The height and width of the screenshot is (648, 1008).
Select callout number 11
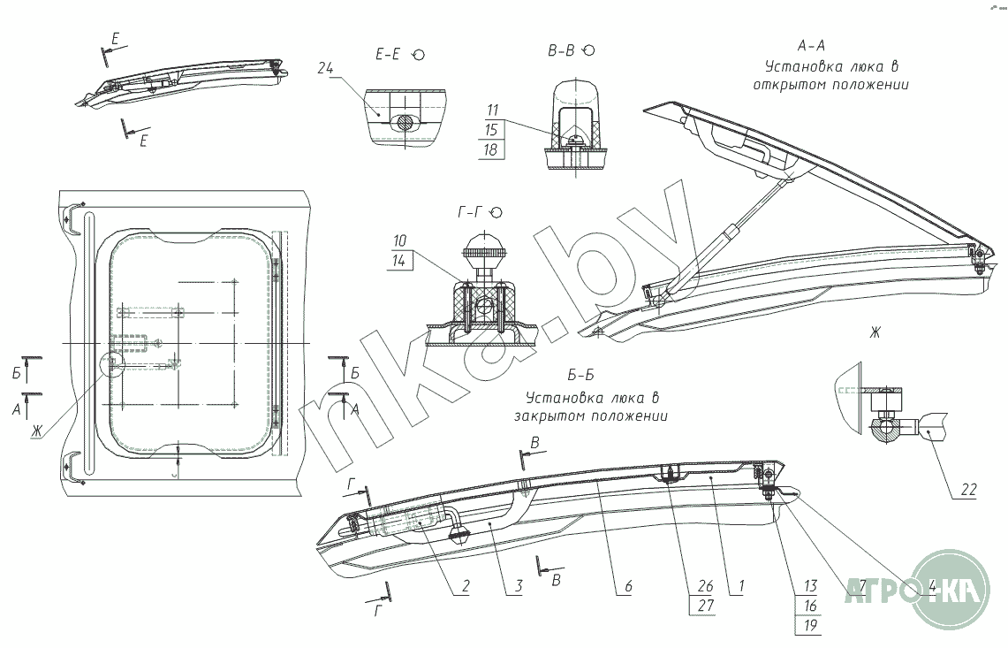coord(493,110)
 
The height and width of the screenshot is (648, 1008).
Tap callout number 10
coord(399,240)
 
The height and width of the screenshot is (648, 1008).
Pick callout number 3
coord(519,585)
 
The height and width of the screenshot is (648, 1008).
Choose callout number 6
coord(626,585)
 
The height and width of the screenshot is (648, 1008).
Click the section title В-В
coord(561,51)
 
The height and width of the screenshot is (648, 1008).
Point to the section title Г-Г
coord(469,212)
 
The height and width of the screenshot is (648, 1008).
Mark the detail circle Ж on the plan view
coord(112,362)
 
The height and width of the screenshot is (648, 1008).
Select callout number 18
coord(493,149)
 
